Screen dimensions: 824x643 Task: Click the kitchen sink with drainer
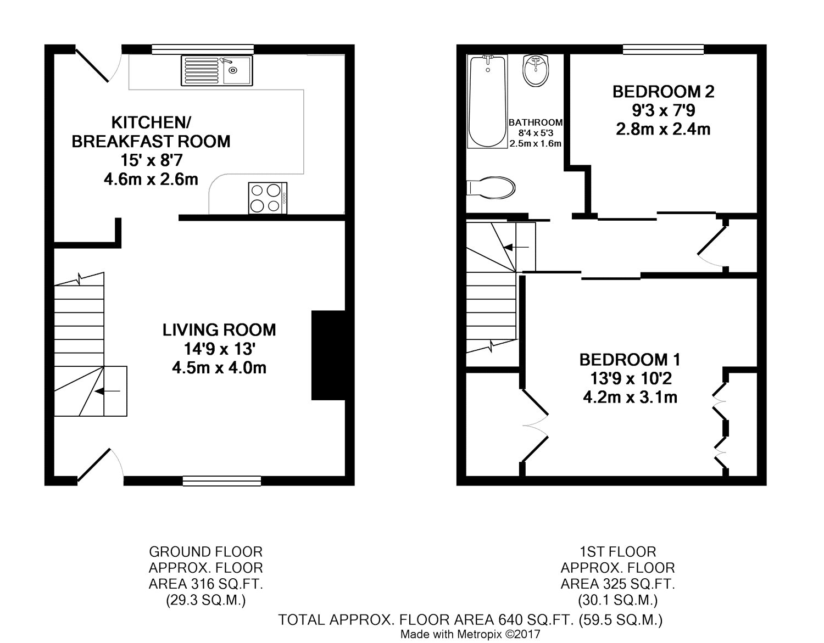216,70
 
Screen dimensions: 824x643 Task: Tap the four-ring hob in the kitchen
268,198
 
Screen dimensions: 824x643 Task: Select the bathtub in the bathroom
487,102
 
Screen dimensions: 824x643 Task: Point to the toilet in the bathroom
491,188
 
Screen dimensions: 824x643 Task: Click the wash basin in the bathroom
536,70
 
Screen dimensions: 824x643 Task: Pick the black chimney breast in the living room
329,355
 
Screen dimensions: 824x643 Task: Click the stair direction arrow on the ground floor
107,391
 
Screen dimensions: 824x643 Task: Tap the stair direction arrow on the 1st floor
516,248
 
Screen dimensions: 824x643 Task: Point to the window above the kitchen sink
203,49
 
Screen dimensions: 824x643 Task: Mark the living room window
222,481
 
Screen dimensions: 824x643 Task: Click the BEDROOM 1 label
630,360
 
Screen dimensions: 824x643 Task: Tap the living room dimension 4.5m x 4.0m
219,368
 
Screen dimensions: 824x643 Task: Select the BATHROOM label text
536,122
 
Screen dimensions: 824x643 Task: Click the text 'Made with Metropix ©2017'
470,634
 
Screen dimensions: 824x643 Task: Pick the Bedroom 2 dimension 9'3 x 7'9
663,110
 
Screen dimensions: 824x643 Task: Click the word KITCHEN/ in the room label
151,122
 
